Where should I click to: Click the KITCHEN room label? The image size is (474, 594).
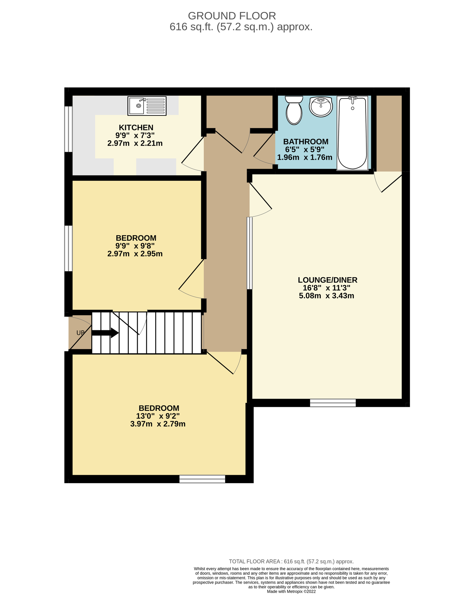coord(136,127)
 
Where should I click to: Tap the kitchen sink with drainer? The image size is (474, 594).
coord(147,106)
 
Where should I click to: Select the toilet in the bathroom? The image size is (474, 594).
coord(294,110)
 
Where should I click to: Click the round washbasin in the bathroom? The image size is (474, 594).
coord(321,107)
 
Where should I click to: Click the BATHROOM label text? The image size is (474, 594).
coord(306,142)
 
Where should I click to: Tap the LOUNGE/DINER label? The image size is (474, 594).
coord(327,280)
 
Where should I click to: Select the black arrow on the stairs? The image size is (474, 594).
coord(105,333)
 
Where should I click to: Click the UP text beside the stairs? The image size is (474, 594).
coord(80,333)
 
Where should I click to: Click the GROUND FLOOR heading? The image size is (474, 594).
coord(232,16)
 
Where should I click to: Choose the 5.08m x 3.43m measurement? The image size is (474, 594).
coord(326,296)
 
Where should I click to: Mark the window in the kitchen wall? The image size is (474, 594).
coord(68,129)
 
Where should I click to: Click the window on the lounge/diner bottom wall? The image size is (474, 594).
coord(333,403)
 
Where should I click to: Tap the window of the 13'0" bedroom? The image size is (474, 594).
coord(202,479)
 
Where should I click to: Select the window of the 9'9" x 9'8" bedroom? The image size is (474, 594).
coord(68,248)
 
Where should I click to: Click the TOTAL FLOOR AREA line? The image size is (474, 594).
coord(291,561)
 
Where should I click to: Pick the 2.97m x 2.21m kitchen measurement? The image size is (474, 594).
coord(135,144)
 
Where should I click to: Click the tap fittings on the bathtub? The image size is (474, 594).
coord(352,98)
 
